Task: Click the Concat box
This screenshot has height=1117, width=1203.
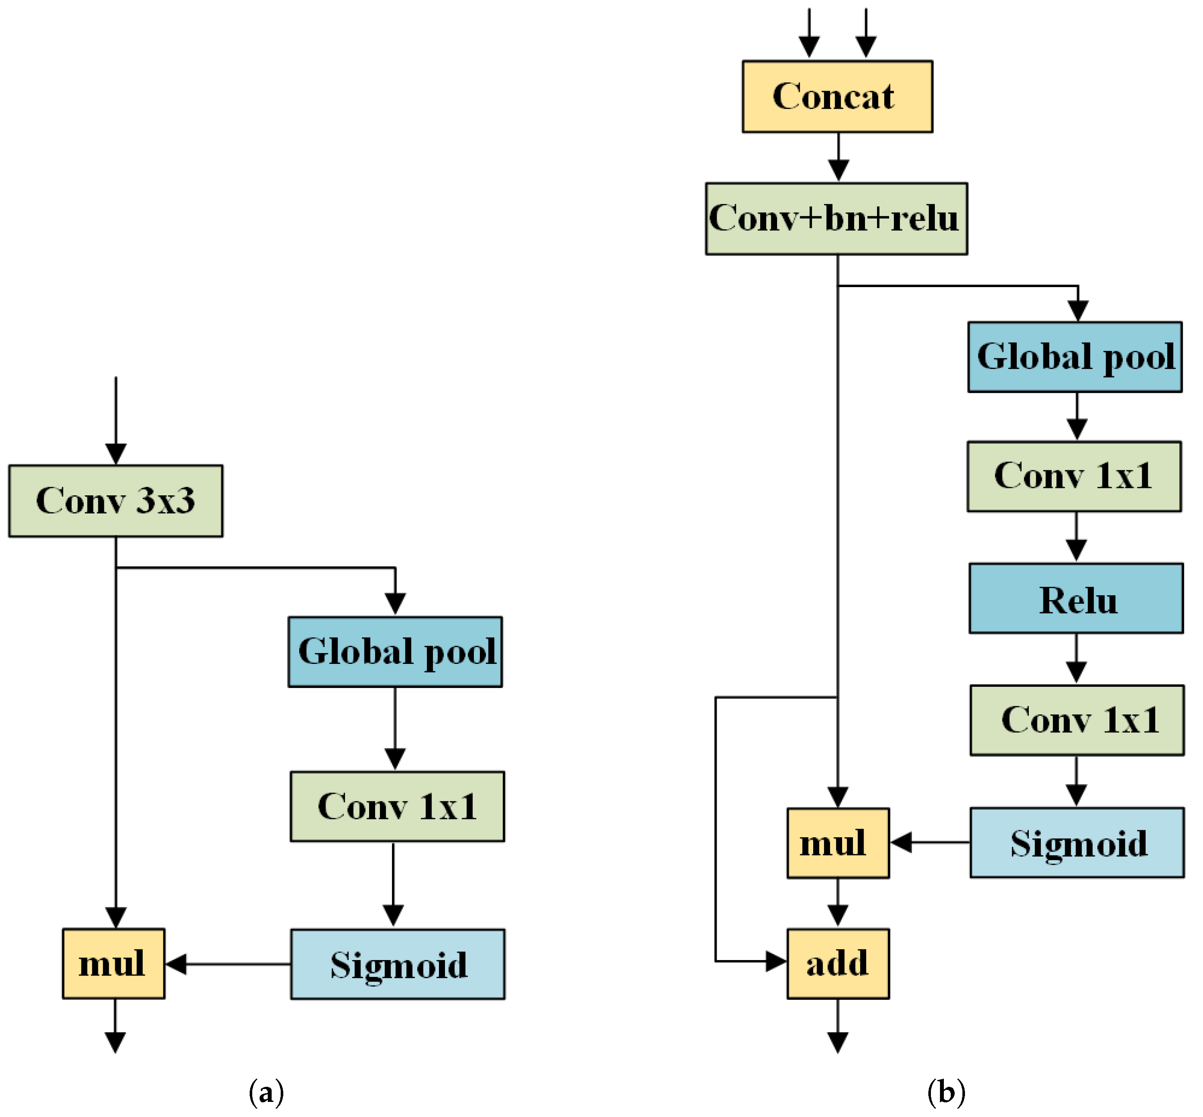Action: [837, 97]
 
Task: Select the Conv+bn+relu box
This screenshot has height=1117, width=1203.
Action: [836, 219]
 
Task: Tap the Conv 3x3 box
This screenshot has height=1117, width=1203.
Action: [116, 501]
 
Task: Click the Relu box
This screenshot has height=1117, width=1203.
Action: [1076, 599]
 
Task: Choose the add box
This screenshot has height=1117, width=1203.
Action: [838, 964]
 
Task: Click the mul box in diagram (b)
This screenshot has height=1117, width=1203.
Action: [838, 843]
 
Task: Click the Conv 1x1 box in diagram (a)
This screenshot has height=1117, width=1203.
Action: [397, 806]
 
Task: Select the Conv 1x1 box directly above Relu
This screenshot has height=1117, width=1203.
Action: [1074, 477]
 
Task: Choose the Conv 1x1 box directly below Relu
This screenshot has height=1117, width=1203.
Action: [1077, 720]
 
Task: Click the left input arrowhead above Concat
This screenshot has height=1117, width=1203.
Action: [809, 47]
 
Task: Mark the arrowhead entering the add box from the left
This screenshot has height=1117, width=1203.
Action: [776, 961]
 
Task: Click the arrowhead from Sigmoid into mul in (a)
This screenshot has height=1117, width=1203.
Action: [176, 964]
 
